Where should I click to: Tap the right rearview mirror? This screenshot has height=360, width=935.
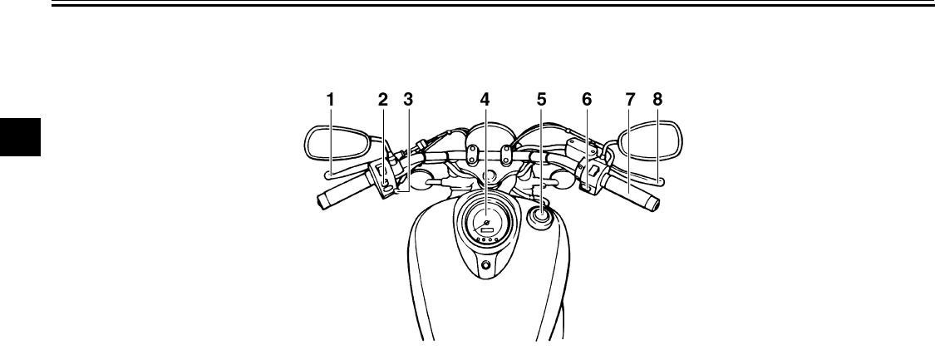(x=648, y=141)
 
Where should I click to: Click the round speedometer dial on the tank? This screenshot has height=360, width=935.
(x=485, y=222)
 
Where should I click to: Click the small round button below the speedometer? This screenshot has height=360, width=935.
(x=485, y=266)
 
